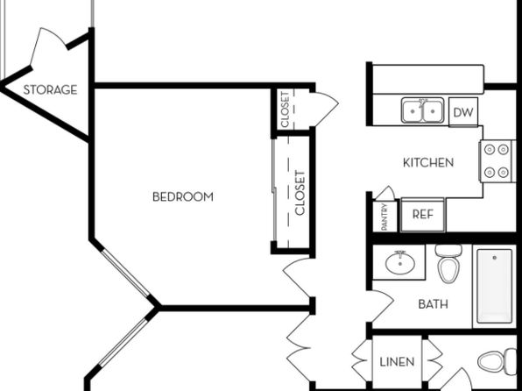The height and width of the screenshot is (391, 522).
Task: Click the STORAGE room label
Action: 50,89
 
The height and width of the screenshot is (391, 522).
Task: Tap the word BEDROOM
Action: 183,196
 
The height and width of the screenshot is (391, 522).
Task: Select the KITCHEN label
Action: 428,163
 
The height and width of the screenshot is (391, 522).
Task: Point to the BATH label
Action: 433,304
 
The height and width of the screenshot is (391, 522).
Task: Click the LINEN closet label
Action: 397,362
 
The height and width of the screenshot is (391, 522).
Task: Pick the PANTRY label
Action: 384,217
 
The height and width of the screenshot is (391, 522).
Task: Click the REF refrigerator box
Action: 423,215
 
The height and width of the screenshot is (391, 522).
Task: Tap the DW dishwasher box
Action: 463,112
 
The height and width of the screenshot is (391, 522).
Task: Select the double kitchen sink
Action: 422,110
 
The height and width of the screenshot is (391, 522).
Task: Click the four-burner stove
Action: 497,161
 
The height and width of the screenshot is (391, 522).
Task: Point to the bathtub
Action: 494,287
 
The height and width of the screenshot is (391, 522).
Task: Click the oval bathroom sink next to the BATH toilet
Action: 400,263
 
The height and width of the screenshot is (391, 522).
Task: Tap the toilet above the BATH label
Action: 448,263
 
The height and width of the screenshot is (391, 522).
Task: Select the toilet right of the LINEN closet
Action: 497,361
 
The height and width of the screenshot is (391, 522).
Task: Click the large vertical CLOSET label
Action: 300,193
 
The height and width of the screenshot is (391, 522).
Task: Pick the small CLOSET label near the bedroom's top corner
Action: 285,110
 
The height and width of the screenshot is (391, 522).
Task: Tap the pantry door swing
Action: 386,194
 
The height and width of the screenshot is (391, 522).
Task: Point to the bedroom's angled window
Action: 126,273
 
